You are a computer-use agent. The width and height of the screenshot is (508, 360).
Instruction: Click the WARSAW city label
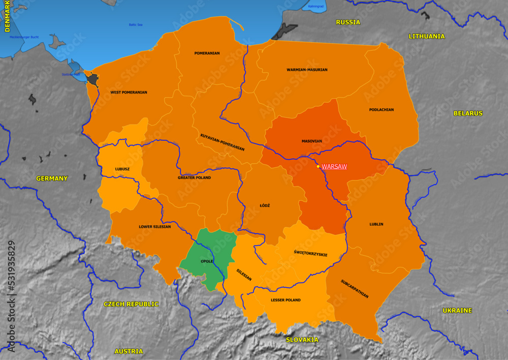coord(334,166)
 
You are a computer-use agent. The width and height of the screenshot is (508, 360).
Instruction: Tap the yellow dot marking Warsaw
coord(319,166)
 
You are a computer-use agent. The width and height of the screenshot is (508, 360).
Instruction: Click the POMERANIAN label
coord(207,53)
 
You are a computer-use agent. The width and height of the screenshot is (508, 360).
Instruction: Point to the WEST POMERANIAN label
coord(129,93)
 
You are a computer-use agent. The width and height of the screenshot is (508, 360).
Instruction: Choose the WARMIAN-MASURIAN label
coord(307,70)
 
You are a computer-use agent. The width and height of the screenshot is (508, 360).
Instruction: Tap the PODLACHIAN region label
coord(382,109)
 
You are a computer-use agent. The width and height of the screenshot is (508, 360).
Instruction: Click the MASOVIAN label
coord(312,141)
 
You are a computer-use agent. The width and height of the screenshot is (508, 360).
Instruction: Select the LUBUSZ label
coord(122,169)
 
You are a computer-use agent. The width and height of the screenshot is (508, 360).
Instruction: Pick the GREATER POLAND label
coord(194,177)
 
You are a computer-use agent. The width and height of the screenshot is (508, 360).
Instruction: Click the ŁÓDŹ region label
coord(265,205)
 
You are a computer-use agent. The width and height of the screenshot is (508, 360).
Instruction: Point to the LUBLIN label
coord(376,224)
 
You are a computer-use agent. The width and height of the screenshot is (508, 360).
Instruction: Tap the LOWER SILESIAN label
coord(155,227)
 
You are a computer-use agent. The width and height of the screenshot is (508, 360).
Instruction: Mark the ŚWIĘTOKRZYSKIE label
coord(310,254)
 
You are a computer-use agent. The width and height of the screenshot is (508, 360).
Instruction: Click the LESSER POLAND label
coord(285,300)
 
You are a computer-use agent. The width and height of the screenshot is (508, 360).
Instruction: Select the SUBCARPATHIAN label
coord(355,288)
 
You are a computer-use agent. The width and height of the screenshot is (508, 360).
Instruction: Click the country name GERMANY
coord(52,178)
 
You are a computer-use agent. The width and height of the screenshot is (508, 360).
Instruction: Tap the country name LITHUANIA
coord(427,36)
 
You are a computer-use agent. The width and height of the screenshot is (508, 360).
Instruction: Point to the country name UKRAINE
coord(457,310)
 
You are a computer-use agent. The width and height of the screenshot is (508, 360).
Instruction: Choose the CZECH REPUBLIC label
coord(131,304)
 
